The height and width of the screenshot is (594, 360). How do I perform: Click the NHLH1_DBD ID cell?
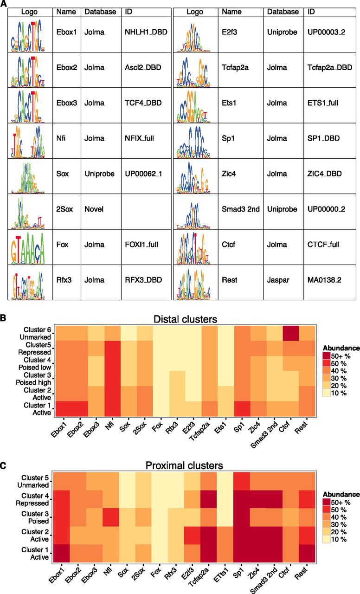click(143, 34)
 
